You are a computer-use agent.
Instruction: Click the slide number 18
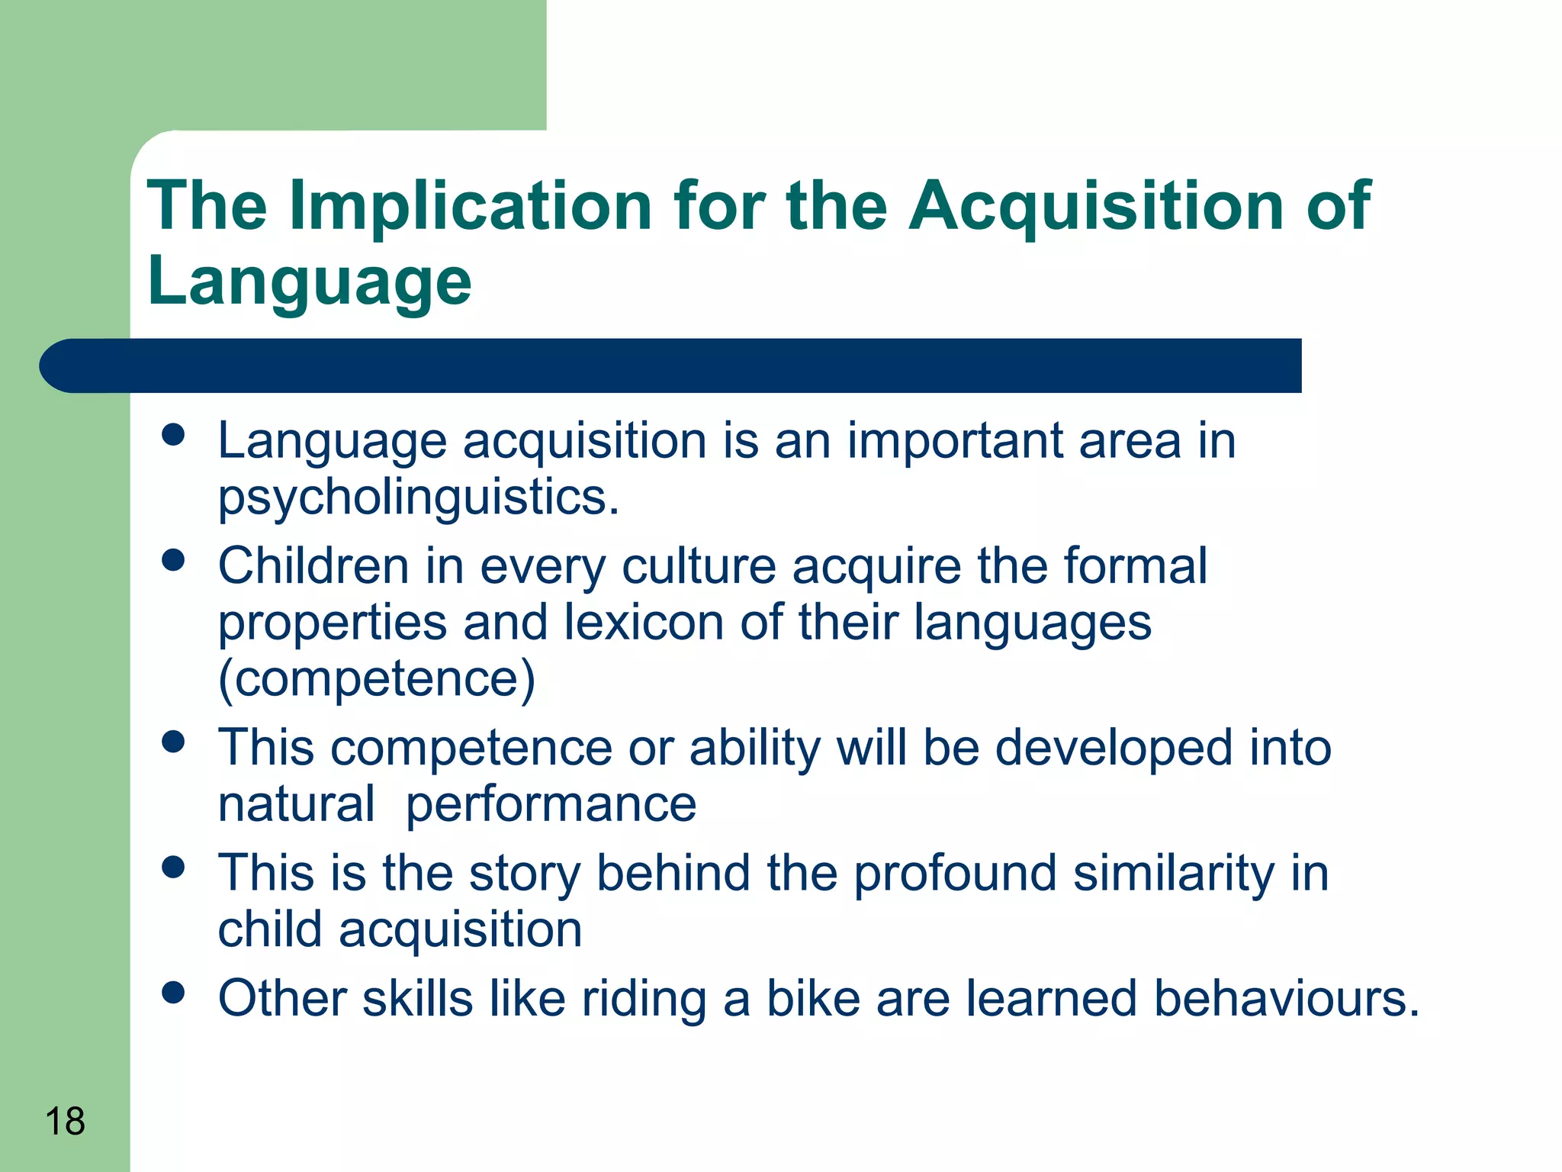tap(65, 1122)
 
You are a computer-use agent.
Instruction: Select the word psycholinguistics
tap(419, 497)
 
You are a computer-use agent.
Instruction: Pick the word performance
tap(551, 804)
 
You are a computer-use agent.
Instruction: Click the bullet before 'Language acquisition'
tap(174, 435)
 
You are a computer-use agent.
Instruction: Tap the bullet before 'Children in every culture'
tap(174, 561)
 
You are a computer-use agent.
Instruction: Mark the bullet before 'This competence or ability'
tap(174, 742)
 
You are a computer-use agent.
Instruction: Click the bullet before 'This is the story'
tap(174, 868)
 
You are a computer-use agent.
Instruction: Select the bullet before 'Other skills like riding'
tap(174, 993)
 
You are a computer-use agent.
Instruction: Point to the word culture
tap(699, 566)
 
